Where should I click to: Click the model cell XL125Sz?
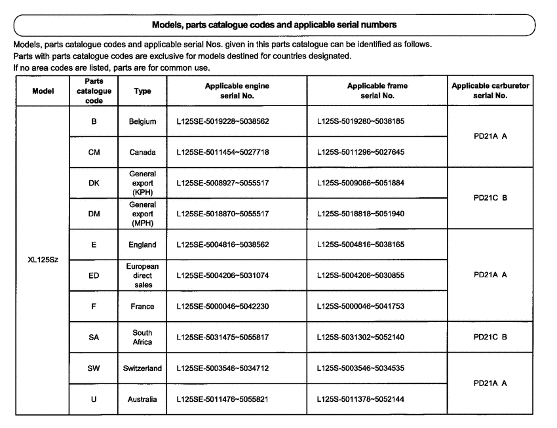pos(43,260)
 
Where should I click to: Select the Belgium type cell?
pos(142,121)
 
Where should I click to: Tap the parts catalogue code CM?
pos(94,152)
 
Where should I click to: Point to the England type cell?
pos(142,244)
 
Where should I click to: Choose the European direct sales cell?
pos(142,275)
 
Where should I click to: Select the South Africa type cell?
pos(142,337)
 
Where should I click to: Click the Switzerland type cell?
pos(142,368)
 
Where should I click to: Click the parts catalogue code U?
pos(94,399)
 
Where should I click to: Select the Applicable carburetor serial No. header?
pos(491,90)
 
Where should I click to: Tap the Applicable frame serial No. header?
pos(377,90)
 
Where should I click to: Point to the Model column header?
pos(43,90)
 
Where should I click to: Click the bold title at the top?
pos(274,24)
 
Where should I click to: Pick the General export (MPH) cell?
pos(142,214)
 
